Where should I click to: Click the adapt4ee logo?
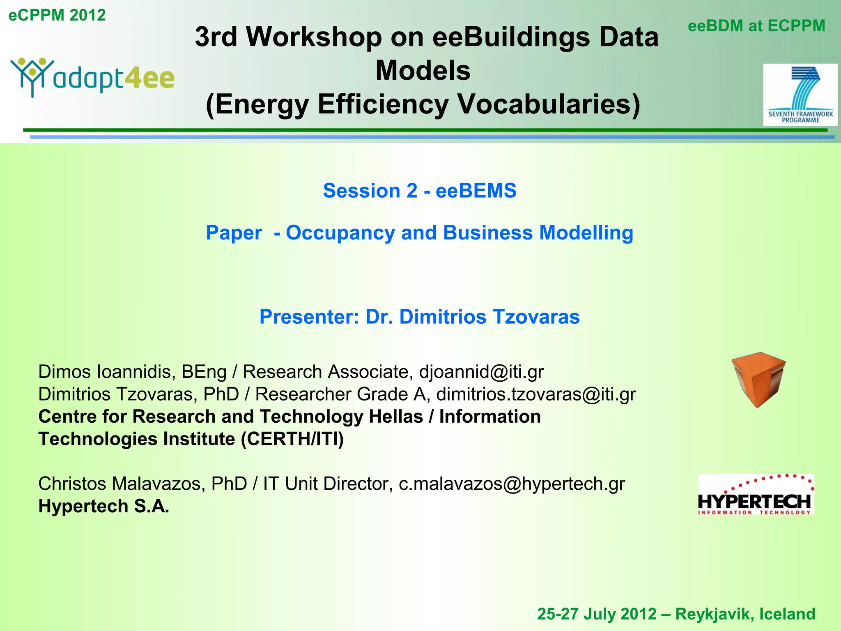coord(93,77)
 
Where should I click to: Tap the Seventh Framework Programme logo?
coord(800,94)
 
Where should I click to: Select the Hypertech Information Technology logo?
coord(756,495)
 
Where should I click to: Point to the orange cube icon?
coord(758,379)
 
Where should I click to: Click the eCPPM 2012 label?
coord(57,15)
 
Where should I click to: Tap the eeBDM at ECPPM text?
coord(756,26)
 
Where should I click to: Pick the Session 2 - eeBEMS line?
coord(419,191)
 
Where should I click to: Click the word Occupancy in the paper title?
coord(340,233)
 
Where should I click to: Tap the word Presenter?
coord(309,317)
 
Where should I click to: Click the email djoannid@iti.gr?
coord(481,372)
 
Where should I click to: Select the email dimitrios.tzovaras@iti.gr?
coord(536,394)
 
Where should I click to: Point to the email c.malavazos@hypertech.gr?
coord(512,484)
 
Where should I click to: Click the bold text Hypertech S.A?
coord(103,506)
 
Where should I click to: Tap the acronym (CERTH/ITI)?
coord(292,439)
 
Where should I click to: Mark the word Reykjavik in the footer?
coord(714,614)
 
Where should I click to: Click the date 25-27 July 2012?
coord(597,614)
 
